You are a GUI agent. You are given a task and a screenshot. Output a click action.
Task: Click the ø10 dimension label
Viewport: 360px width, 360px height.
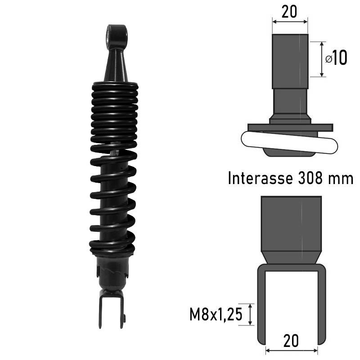click(336, 58)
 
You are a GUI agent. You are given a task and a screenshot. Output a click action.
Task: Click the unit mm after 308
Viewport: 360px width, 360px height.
click(340, 178)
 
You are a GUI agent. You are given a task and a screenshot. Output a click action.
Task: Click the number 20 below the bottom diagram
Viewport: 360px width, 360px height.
click(291, 341)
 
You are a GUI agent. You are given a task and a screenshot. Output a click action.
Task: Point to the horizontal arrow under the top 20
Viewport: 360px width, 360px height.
click(290, 21)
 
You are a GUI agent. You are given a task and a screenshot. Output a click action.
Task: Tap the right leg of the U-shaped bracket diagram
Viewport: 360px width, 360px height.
click(322, 306)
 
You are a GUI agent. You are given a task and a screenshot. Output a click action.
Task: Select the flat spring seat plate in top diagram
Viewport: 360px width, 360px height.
click(290, 127)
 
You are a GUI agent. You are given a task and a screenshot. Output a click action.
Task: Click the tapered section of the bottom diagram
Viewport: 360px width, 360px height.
click(291, 258)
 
